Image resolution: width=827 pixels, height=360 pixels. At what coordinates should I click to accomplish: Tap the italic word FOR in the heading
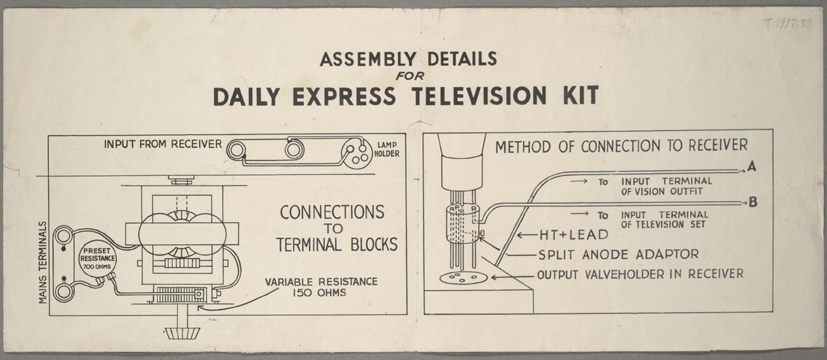[410, 75]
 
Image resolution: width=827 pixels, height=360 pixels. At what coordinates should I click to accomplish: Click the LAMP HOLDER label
[388, 149]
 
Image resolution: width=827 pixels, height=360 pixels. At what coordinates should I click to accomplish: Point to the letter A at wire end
[752, 168]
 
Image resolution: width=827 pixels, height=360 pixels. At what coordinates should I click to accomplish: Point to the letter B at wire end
[753, 202]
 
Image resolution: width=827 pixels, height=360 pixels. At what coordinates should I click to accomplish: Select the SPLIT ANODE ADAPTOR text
[618, 255]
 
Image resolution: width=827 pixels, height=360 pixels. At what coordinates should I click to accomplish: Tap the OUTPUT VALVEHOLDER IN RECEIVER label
[640, 274]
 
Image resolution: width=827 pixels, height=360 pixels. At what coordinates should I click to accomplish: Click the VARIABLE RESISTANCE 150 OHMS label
[321, 287]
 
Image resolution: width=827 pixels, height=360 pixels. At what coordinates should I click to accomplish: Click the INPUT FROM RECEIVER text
[162, 144]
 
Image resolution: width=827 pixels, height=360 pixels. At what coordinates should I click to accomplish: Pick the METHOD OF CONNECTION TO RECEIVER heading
[621, 146]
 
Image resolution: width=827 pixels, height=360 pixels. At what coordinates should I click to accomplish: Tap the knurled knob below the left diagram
[182, 333]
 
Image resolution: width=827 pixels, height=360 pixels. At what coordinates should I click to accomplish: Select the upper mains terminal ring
[64, 235]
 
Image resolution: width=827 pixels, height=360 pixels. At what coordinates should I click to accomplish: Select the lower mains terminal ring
[64, 292]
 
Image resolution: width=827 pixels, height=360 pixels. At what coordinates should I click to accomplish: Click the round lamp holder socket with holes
[355, 151]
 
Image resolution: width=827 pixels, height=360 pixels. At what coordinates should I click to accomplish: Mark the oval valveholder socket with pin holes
[461, 277]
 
